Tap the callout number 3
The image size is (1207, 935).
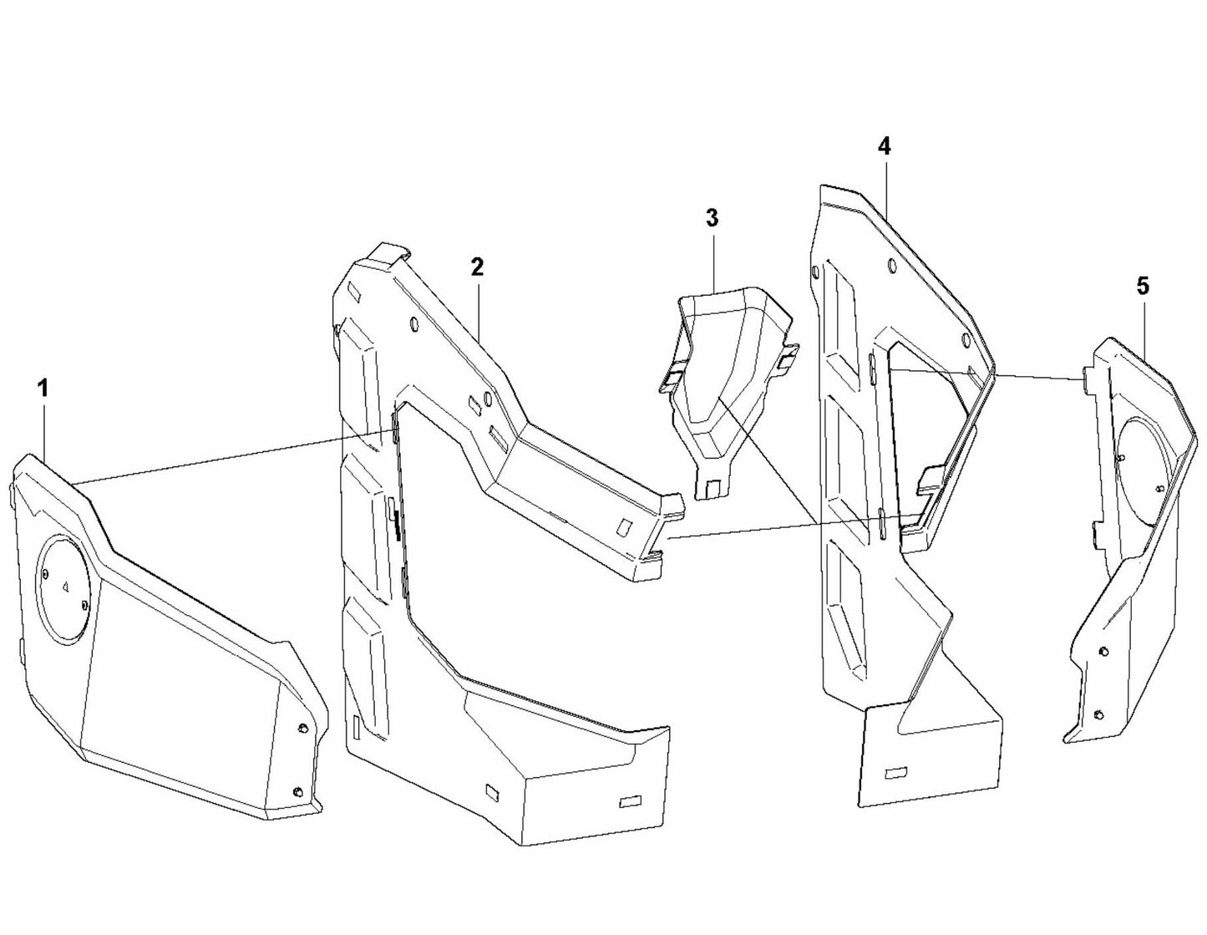click(x=711, y=218)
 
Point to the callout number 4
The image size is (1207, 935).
click(x=884, y=146)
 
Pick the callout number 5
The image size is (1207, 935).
click(x=1142, y=286)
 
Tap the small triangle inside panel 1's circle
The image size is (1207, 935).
click(x=64, y=587)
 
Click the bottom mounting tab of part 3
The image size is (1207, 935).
click(x=713, y=488)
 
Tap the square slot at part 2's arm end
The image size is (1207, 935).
click(x=624, y=526)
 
